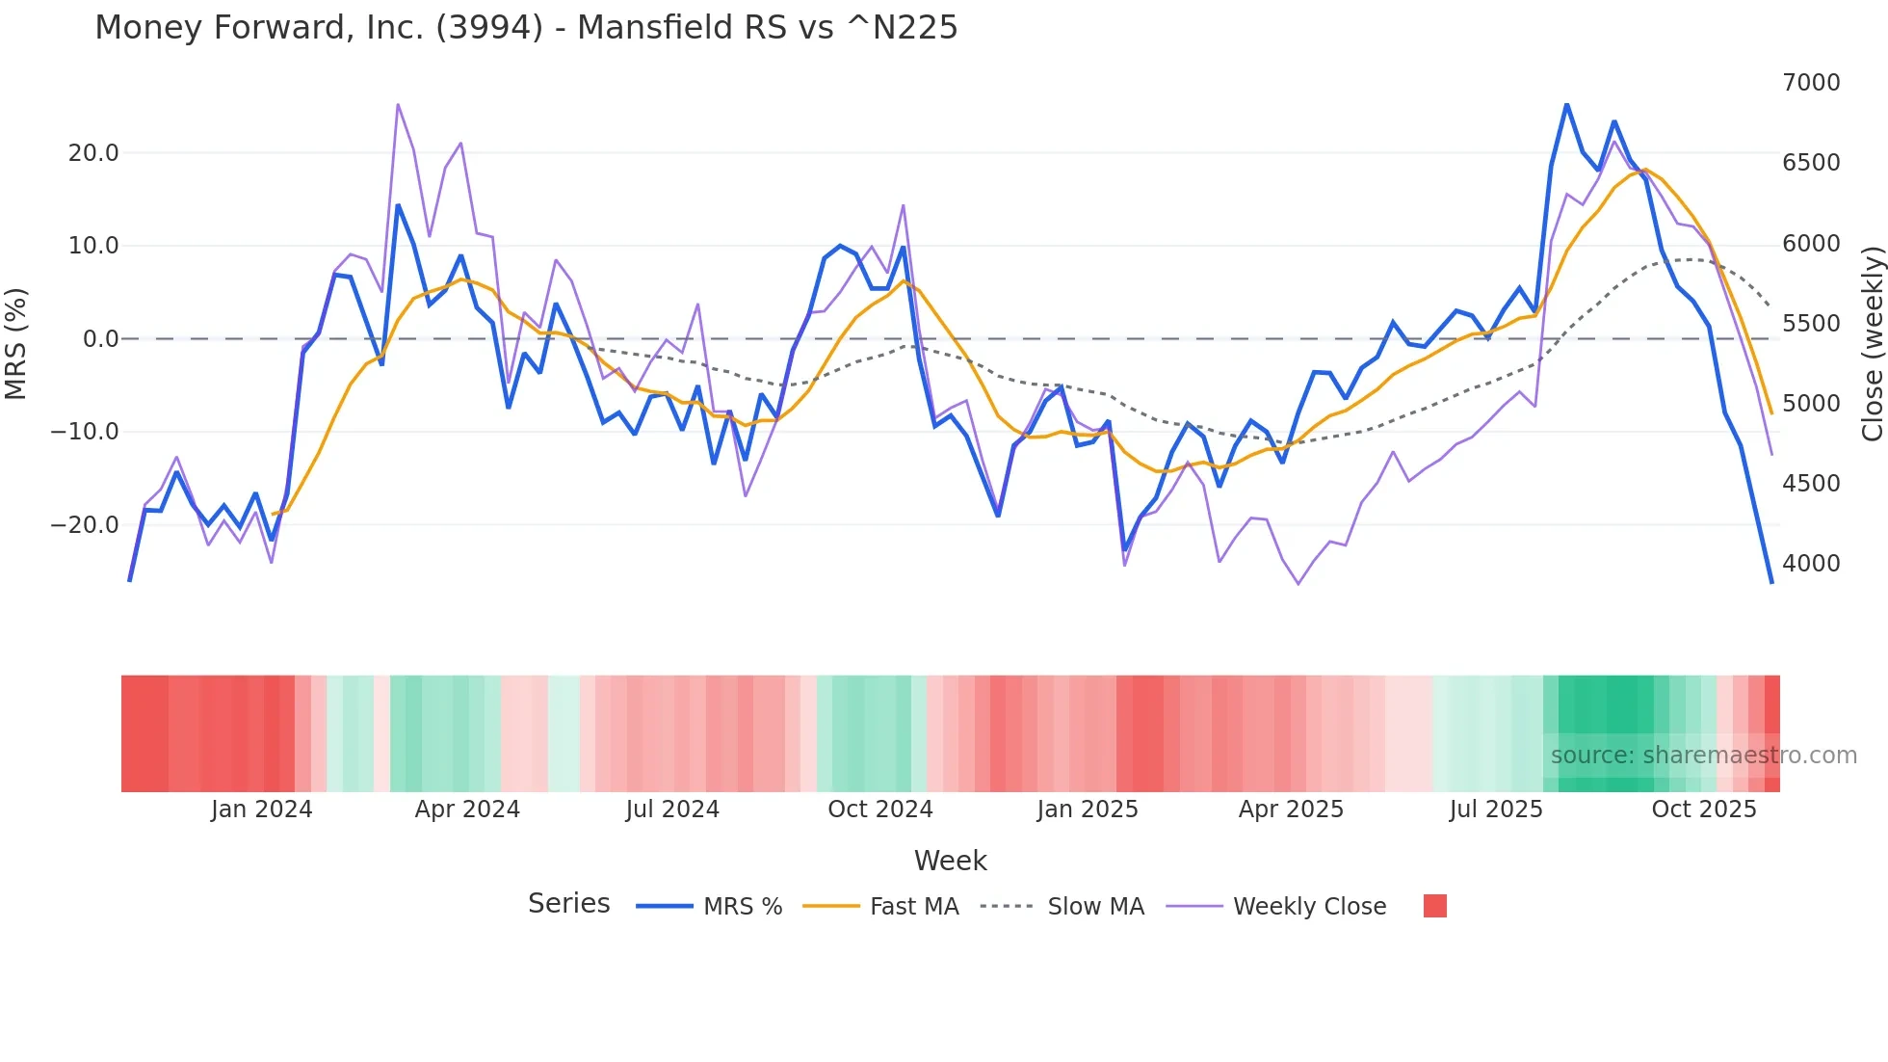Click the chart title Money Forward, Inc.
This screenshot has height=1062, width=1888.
(x=526, y=27)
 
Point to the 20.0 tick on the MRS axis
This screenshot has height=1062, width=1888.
(x=93, y=153)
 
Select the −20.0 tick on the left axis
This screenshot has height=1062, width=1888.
(x=85, y=525)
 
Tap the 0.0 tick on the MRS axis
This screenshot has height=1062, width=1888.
(x=101, y=339)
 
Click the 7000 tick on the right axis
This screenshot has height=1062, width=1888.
(x=1811, y=83)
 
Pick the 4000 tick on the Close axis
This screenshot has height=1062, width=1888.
(x=1811, y=564)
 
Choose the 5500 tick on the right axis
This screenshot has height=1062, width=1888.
(x=1811, y=324)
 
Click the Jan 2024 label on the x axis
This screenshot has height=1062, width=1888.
(x=262, y=810)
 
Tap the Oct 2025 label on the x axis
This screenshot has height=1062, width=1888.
(x=1704, y=810)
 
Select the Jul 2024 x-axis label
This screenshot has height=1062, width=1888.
(x=672, y=810)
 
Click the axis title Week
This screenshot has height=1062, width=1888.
(x=950, y=861)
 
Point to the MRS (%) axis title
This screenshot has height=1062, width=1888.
(x=16, y=343)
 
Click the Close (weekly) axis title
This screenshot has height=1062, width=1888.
(x=1872, y=343)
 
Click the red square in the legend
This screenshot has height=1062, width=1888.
(x=1435, y=906)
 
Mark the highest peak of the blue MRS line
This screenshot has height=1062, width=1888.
(x=1566, y=104)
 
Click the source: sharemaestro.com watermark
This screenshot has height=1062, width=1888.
(x=1703, y=756)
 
